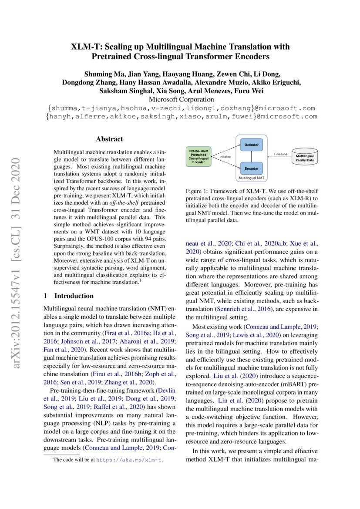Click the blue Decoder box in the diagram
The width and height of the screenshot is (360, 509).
(251, 145)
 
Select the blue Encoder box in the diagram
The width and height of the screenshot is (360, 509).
(251, 168)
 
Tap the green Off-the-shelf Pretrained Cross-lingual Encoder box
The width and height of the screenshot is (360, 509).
(199, 156)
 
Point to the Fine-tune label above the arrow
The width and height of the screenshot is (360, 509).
(280, 154)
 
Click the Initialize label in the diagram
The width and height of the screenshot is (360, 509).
(225, 156)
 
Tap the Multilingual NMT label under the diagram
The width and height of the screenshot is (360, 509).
(251, 179)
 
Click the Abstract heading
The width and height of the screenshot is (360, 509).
(109, 139)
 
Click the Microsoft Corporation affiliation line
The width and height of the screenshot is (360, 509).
(180, 99)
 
